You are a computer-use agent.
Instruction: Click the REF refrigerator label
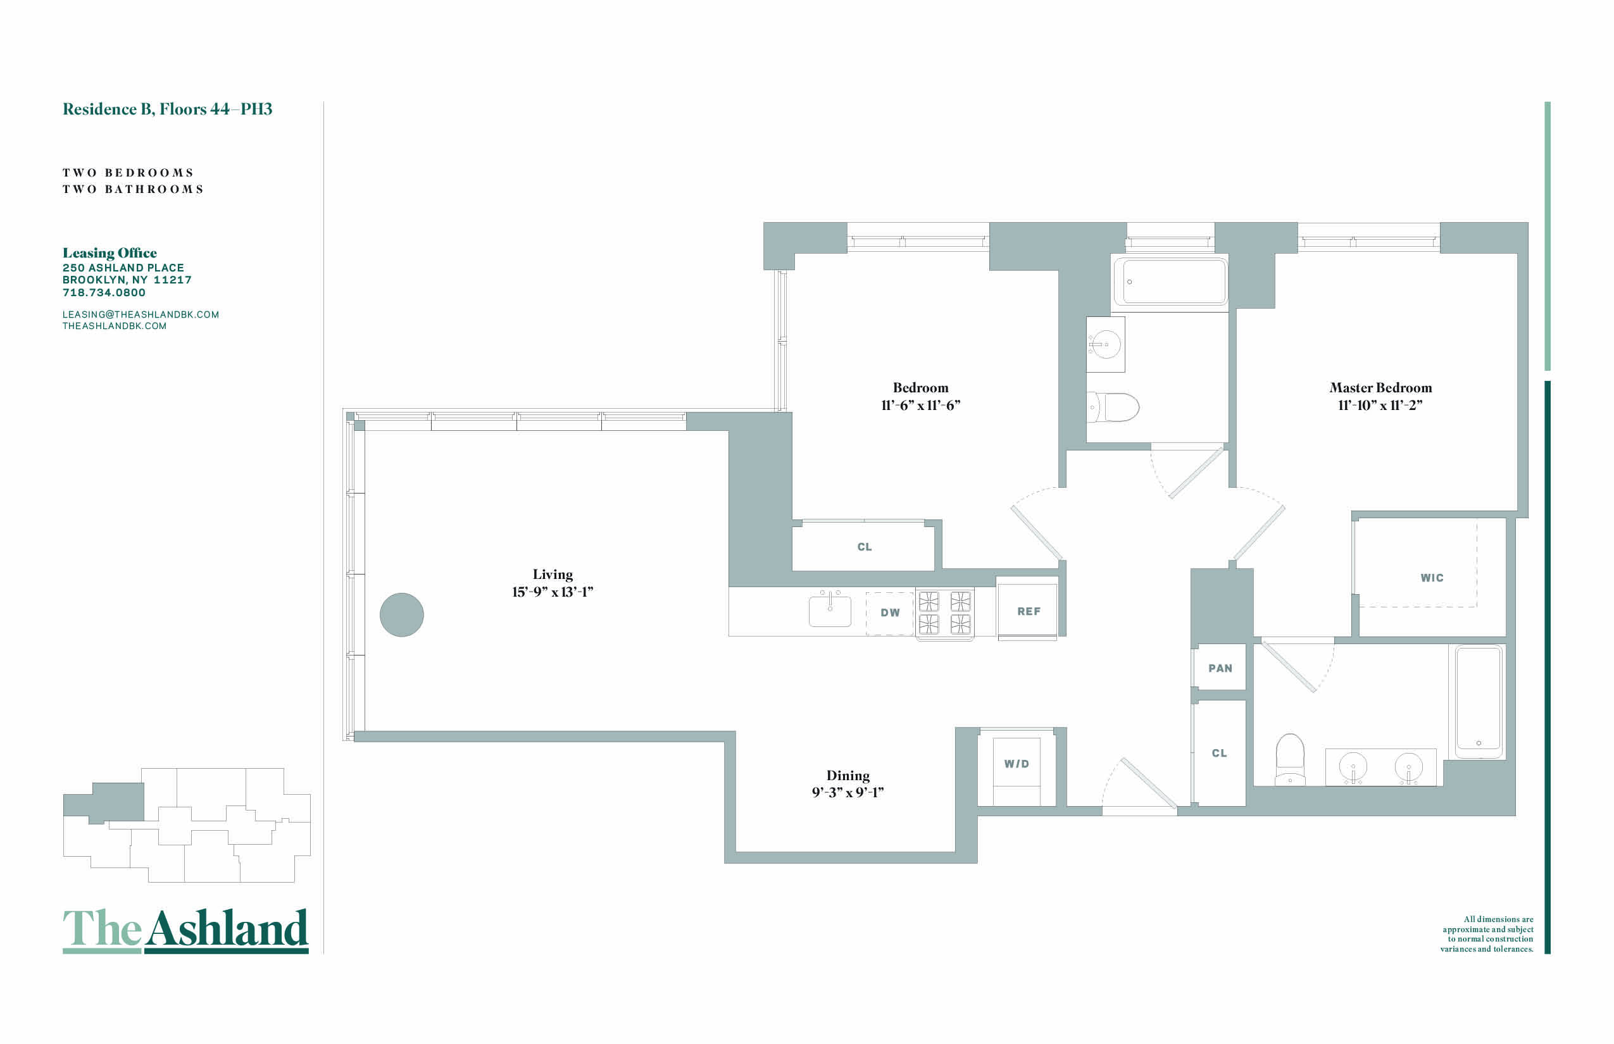click(x=1028, y=611)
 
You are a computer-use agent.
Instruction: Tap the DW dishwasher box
click(x=890, y=614)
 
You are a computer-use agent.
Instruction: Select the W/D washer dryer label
click(x=1017, y=764)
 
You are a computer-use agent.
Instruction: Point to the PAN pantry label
click(x=1220, y=668)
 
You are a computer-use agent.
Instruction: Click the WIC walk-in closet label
click(x=1432, y=578)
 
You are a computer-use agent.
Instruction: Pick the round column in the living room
click(x=401, y=615)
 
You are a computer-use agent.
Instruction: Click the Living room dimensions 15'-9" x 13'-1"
click(x=553, y=592)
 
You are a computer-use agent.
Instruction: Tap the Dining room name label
click(x=848, y=776)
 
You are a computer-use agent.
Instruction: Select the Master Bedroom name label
click(x=1380, y=388)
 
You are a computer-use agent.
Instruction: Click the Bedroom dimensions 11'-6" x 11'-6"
click(x=921, y=406)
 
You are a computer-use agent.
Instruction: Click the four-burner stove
click(x=944, y=613)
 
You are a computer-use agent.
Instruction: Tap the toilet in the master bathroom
click(x=1290, y=759)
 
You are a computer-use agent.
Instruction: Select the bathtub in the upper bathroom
click(x=1170, y=281)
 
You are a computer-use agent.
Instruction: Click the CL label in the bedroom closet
click(x=865, y=547)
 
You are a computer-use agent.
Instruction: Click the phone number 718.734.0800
click(x=104, y=293)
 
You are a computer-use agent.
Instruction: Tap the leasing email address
click(x=141, y=314)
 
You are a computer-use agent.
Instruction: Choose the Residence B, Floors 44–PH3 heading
click(x=168, y=109)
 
